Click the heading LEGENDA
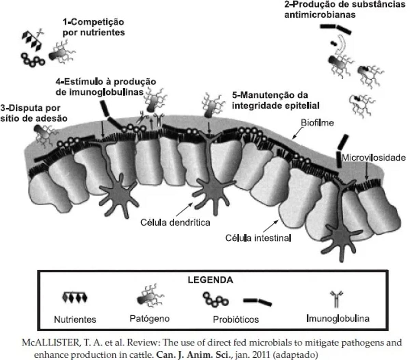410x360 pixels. point(210,280)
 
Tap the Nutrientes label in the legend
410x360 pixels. point(75,319)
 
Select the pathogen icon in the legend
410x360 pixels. point(150,298)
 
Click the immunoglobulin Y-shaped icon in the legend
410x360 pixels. point(337,299)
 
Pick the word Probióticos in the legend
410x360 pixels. point(236,319)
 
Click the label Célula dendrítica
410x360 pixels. point(175,222)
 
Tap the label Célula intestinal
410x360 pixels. point(258,237)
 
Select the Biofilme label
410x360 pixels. point(317,123)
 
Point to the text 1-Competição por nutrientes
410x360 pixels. point(93,27)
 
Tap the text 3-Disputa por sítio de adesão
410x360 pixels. point(33,113)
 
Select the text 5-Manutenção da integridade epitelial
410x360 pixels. point(275,100)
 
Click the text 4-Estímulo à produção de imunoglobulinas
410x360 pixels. point(106,87)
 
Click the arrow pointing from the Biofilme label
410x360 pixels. point(297,134)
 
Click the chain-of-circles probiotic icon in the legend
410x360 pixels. point(215,299)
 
